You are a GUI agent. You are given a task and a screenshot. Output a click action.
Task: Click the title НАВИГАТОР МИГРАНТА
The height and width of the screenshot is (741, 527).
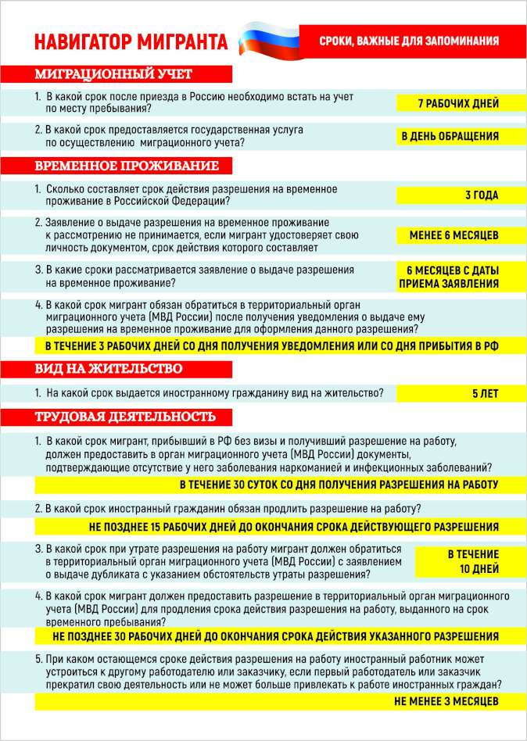[131, 41]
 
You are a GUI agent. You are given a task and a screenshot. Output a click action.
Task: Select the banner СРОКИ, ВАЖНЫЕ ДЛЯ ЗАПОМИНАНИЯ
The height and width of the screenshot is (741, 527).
[409, 40]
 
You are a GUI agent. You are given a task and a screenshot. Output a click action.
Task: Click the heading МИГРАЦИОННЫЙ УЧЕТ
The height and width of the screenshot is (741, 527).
[113, 74]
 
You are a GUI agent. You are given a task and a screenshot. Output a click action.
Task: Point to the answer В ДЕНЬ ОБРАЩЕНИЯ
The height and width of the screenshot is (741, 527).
[450, 136]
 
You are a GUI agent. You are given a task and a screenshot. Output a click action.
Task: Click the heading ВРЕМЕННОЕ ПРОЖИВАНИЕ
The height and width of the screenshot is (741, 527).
[127, 166]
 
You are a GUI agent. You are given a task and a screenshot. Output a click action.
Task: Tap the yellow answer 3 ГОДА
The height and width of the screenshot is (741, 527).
[482, 195]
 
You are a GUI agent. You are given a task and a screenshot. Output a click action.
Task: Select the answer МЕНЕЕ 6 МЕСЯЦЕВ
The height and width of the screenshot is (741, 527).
[454, 234]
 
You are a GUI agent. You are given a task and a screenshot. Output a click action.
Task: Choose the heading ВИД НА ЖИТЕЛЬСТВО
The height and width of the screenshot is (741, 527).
[109, 368]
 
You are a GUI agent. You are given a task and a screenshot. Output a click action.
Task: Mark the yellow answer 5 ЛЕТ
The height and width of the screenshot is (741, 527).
[485, 394]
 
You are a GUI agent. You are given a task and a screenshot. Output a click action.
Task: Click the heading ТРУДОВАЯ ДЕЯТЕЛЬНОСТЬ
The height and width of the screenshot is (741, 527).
[125, 417]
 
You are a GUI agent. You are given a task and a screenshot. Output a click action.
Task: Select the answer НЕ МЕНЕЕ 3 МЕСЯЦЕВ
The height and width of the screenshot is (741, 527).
[446, 701]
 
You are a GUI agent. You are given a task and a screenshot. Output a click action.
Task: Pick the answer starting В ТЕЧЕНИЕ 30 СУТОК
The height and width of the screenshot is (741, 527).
[339, 485]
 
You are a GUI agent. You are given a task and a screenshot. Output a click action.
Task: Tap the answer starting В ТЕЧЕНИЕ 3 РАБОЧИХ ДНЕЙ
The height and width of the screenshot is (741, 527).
[271, 345]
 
